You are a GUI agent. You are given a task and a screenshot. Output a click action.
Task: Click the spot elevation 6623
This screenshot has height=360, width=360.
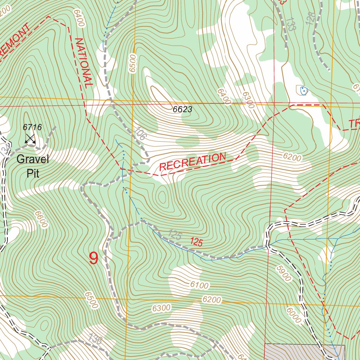[182, 109]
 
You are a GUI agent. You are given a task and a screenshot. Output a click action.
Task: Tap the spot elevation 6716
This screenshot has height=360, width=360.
[32, 127]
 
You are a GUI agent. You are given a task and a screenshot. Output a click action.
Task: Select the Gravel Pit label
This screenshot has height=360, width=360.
[32, 166]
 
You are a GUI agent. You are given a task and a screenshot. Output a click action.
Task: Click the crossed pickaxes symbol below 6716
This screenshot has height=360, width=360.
[30, 139]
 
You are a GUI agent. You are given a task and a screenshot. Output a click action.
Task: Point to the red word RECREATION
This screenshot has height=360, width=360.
[193, 162]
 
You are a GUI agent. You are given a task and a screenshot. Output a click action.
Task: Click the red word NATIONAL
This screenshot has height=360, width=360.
[84, 62]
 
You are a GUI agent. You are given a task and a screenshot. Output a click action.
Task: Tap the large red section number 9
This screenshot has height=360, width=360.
[94, 258]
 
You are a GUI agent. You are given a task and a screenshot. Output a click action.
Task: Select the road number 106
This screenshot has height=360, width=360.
[140, 134]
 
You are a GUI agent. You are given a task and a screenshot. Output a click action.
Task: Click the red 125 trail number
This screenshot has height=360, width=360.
[196, 242]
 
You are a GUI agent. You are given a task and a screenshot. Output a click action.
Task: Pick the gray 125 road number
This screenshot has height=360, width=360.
[174, 235]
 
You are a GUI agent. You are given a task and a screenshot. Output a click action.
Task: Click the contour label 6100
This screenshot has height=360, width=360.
[199, 285]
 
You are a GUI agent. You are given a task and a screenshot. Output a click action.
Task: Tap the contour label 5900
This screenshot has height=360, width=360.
[283, 273]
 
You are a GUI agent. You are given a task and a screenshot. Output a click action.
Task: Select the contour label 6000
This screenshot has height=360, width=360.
[294, 315]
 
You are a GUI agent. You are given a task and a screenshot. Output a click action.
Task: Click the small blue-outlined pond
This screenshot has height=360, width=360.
[303, 90]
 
